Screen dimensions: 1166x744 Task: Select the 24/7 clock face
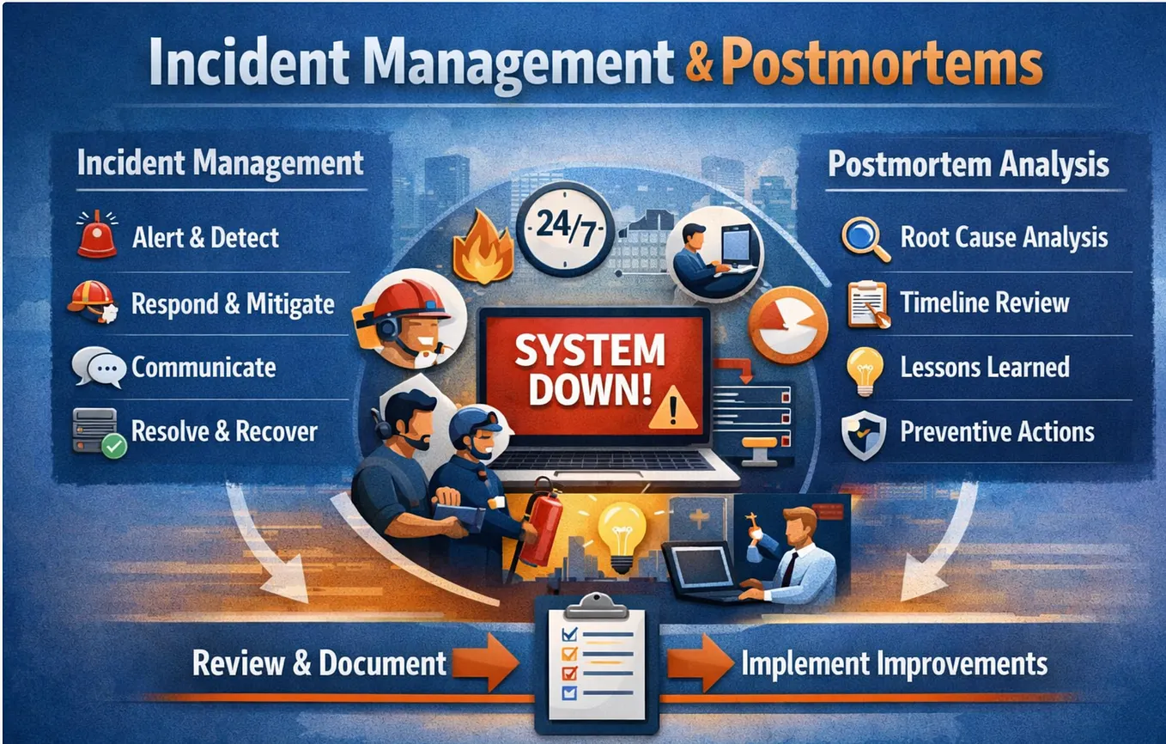[x=565, y=229]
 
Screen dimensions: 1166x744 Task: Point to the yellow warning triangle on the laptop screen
[x=673, y=408]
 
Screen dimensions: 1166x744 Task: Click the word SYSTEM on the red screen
[x=590, y=351]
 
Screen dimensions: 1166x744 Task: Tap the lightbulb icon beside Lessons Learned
[x=865, y=371]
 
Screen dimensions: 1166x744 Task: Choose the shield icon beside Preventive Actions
[x=864, y=435]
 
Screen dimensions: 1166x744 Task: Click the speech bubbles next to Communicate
[x=99, y=368]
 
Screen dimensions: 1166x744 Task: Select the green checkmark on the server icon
[x=114, y=446]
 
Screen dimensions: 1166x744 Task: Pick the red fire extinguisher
[x=541, y=523]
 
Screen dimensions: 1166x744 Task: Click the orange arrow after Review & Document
[x=485, y=662]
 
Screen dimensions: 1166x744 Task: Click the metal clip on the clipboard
[x=597, y=606]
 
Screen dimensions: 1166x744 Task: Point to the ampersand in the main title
[x=699, y=64]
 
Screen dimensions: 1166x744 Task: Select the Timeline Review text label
[x=985, y=302]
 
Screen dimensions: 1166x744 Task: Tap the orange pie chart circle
[x=787, y=325]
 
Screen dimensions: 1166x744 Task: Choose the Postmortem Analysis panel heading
[x=969, y=165]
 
